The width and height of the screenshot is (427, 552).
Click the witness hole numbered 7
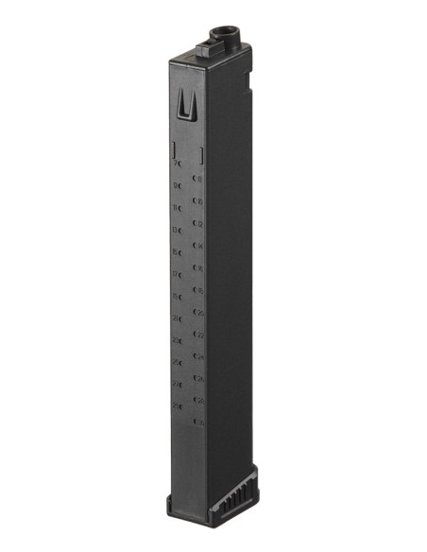[179, 164]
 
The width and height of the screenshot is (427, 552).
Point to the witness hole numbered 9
[179, 186]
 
